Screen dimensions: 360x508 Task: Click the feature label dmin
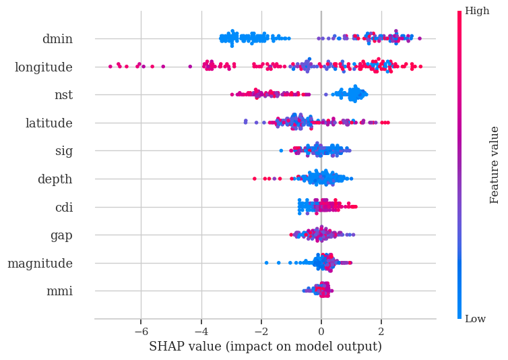click(x=57, y=39)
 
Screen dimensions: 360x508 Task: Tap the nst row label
click(x=63, y=95)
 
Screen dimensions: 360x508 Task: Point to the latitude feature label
click(x=49, y=123)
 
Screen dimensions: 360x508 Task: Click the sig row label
click(x=64, y=151)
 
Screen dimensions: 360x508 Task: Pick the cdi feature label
click(x=64, y=208)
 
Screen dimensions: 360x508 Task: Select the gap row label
click(x=61, y=236)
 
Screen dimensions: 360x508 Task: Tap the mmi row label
click(x=59, y=292)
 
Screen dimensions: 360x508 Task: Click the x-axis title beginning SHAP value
click(x=265, y=347)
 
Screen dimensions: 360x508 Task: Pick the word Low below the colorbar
click(x=476, y=319)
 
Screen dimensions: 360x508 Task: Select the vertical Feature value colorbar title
click(x=495, y=164)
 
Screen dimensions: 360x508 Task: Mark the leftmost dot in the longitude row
click(x=110, y=66)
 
